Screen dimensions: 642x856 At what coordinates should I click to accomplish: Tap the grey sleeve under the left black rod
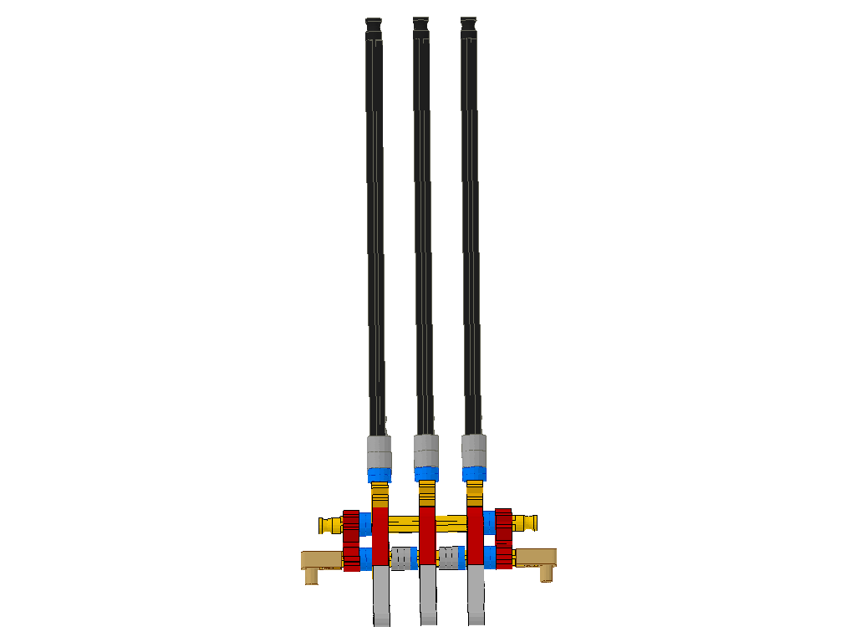[x=380, y=452]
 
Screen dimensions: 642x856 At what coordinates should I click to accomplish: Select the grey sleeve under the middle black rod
[x=426, y=451]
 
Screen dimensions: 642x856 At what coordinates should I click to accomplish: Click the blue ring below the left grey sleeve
[x=380, y=475]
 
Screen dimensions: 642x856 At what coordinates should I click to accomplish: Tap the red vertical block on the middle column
[x=427, y=535]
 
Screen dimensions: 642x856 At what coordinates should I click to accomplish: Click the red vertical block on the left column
[x=380, y=535]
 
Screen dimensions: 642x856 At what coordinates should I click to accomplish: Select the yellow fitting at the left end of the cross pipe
[x=329, y=525]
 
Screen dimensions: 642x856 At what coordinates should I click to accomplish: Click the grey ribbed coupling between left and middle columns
[x=403, y=558]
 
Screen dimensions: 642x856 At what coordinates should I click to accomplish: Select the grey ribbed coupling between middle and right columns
[x=451, y=557]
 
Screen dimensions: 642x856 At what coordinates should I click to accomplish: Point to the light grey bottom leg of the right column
[x=476, y=594]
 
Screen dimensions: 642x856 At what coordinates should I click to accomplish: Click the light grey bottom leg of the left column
[x=380, y=594]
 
